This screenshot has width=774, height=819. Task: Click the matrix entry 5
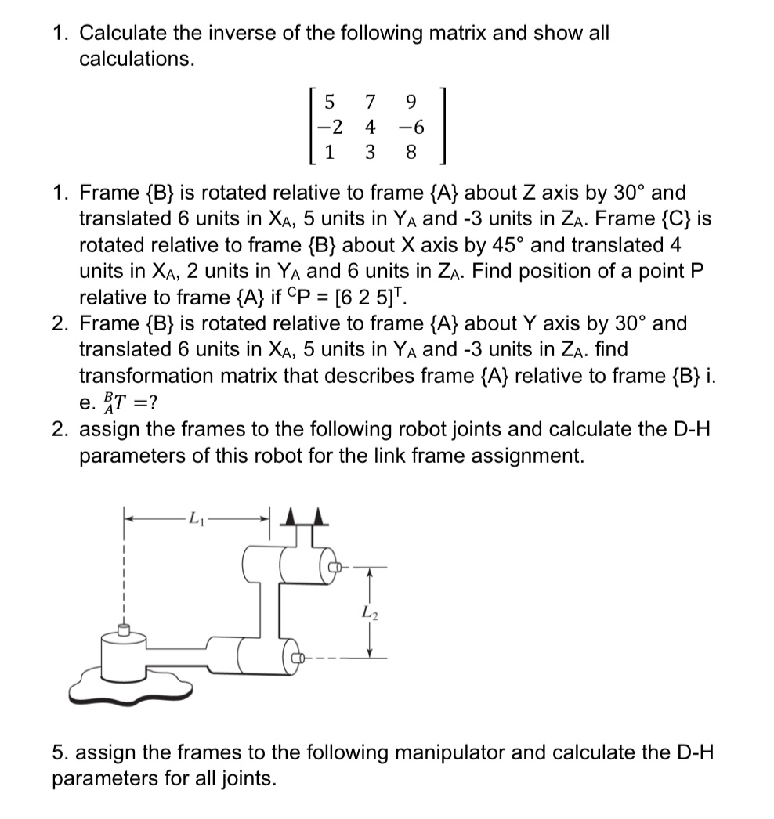329,103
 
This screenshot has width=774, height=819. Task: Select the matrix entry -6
409,128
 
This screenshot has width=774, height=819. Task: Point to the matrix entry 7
370,103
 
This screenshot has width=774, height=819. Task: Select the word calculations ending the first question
136,60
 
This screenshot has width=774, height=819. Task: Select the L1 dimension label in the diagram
196,518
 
